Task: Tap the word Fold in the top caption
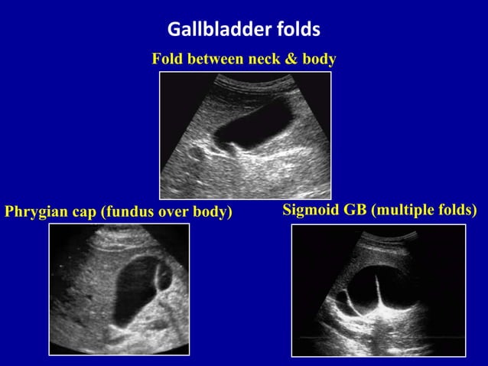point(168,59)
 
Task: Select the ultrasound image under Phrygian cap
point(119,289)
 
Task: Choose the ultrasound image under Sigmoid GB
point(379,290)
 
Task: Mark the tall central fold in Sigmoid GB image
point(378,295)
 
